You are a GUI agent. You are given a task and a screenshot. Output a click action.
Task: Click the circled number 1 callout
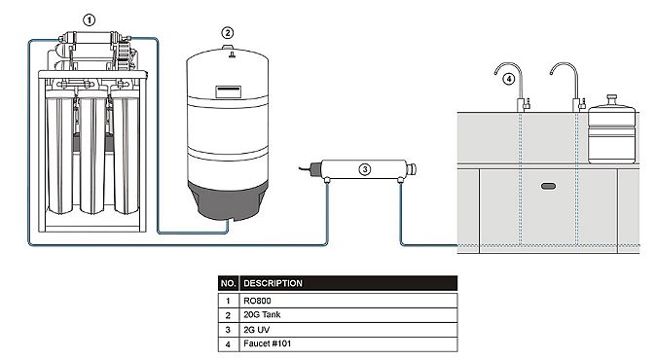point(89,20)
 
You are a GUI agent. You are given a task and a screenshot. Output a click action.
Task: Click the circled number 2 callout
point(227,33)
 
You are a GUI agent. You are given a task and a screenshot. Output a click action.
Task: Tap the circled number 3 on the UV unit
point(365,169)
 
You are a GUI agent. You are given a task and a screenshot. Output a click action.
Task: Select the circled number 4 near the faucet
point(508,79)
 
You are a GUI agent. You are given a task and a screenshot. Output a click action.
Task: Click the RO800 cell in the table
point(348,301)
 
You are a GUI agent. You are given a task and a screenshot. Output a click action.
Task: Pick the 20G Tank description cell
point(348,315)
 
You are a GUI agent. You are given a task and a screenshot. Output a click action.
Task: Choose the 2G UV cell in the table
point(348,330)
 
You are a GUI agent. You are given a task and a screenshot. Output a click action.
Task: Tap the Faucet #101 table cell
point(348,343)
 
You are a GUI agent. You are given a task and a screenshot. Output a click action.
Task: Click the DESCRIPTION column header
point(348,283)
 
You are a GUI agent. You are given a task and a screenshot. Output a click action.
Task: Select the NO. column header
point(229,283)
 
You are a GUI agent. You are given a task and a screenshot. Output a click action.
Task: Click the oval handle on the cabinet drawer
point(548,186)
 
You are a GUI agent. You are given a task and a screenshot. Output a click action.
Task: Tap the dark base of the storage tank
point(228,200)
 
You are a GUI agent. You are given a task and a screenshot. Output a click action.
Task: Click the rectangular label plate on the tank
point(228,91)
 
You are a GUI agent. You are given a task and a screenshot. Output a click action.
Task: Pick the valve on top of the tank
point(228,51)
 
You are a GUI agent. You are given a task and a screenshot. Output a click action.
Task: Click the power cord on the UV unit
point(309,168)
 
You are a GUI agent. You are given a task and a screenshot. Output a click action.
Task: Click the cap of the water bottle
point(612,99)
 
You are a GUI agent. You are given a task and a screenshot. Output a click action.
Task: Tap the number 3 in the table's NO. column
point(228,330)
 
